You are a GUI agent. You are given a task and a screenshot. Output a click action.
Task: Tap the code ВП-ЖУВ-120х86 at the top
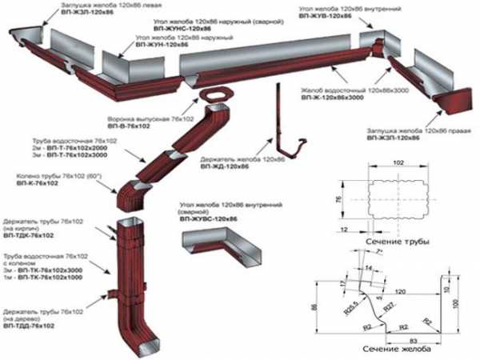(326, 15)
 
